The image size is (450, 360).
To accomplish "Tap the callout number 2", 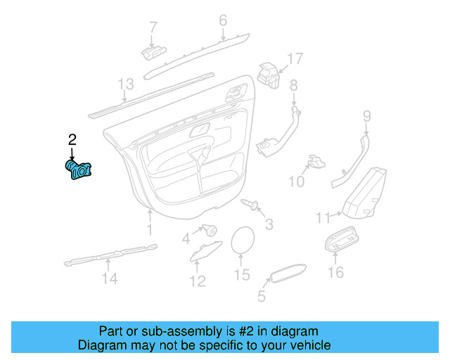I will click(72, 139).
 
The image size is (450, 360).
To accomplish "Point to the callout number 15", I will click(242, 275).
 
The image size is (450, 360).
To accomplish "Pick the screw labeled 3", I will click(250, 205).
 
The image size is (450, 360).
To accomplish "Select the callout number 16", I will click(337, 271).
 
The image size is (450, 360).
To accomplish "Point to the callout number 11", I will click(323, 217).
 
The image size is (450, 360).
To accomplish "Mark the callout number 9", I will click(366, 116).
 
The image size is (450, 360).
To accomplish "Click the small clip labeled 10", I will click(314, 162).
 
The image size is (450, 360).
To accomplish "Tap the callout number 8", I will click(294, 85).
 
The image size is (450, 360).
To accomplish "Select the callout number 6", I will click(223, 20).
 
